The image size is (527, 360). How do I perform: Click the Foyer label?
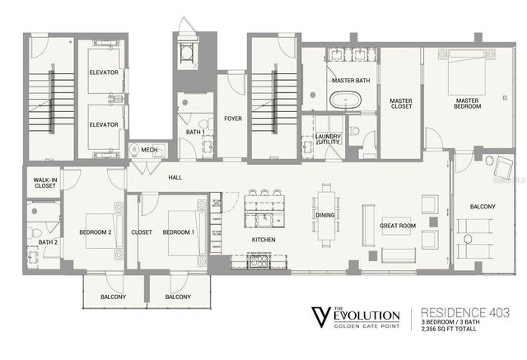coord(234,119)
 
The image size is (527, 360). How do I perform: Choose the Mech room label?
coord(149,149)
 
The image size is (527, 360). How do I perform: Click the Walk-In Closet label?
coord(44,183)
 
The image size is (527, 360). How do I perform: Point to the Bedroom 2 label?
coord(95,232)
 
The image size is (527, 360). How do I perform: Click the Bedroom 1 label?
coord(178,232)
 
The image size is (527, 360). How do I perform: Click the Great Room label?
coord(397,224)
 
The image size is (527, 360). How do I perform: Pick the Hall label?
coord(175,176)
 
